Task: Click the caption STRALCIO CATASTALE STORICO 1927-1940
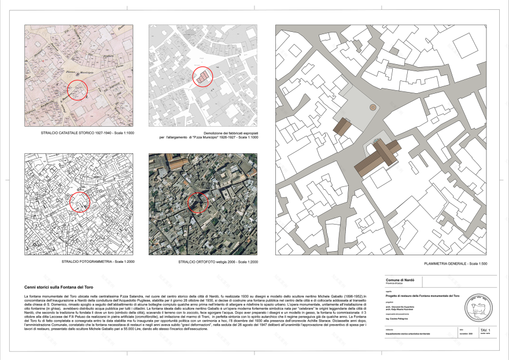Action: point(79,133)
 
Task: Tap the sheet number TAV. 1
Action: point(478,328)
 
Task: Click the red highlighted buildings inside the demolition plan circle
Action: point(202,78)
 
